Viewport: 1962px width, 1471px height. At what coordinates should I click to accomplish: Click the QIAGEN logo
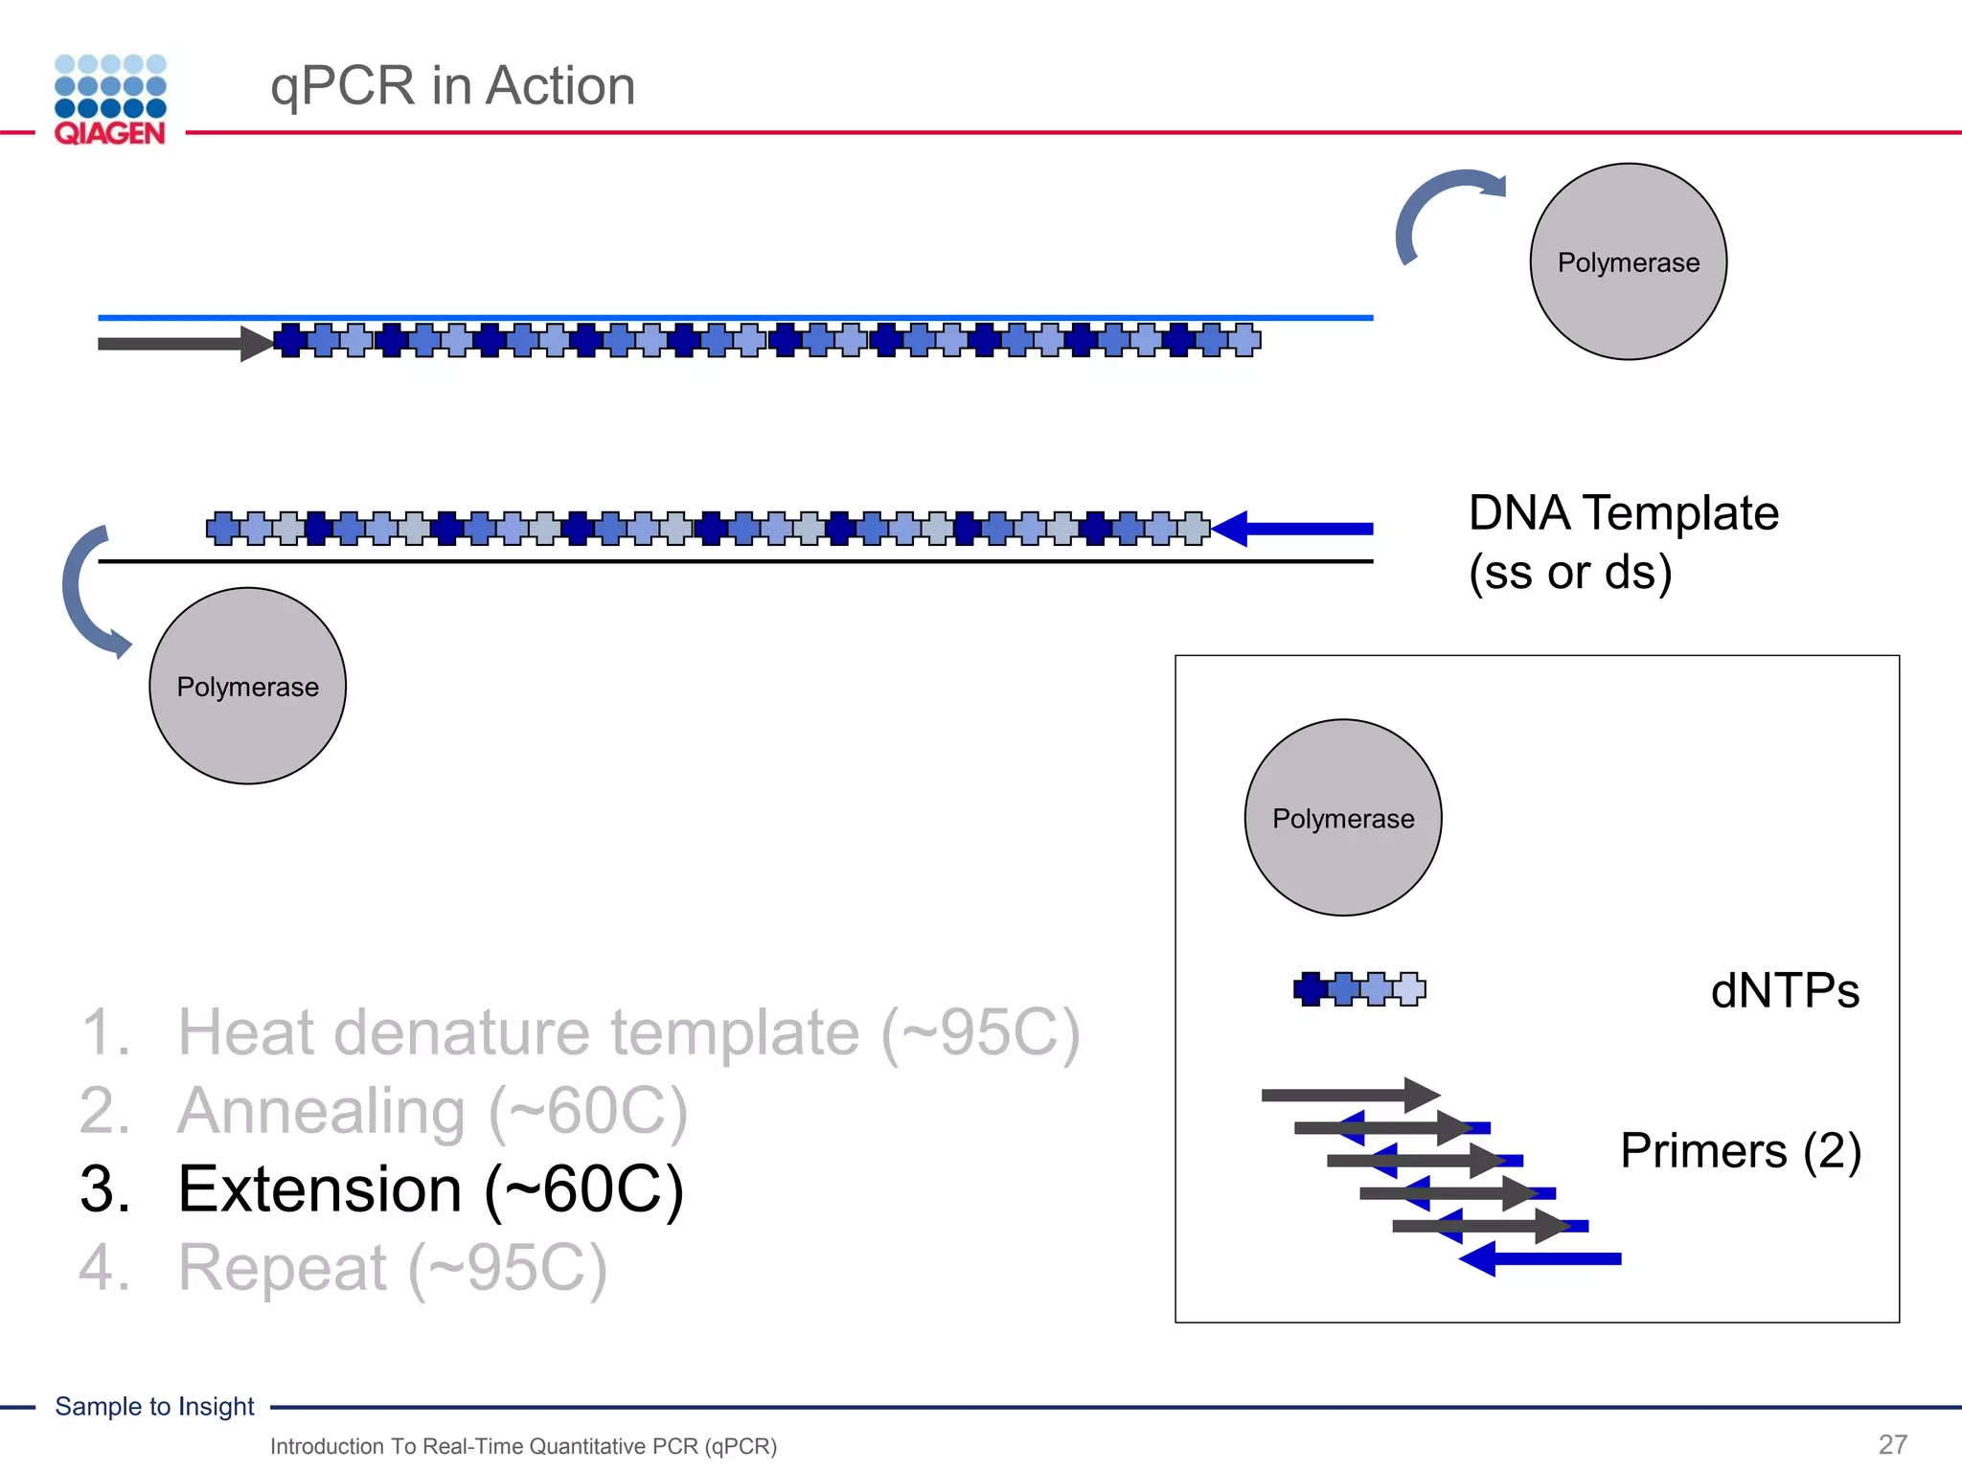point(110,101)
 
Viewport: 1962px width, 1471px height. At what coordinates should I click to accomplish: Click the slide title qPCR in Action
point(452,85)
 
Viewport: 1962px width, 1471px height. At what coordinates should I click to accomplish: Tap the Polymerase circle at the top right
point(1628,261)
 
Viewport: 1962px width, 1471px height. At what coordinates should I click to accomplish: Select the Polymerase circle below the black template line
point(247,686)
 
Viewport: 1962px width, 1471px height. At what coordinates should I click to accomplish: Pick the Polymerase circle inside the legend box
point(1342,818)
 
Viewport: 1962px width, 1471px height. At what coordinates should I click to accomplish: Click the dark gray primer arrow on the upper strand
point(182,344)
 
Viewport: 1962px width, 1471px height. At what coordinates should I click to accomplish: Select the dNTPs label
point(1784,990)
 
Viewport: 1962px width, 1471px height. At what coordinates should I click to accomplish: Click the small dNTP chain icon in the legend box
point(1358,988)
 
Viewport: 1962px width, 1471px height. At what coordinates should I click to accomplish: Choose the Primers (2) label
point(1740,1149)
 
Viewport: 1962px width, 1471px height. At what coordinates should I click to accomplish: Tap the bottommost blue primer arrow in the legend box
point(1542,1258)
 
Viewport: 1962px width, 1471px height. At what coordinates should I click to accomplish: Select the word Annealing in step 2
point(322,1111)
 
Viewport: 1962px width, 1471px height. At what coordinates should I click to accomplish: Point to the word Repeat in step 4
point(283,1267)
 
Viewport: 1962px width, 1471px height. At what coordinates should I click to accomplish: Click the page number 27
point(1892,1443)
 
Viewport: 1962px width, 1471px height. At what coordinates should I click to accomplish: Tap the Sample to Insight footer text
point(154,1406)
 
